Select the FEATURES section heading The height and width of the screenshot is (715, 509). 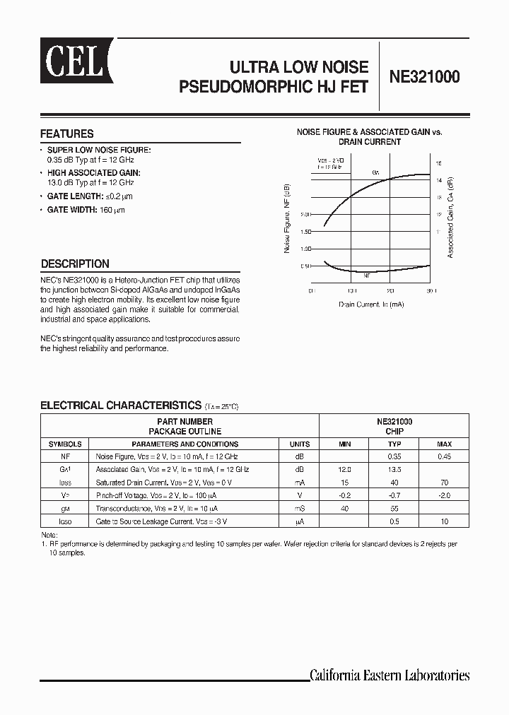(x=67, y=134)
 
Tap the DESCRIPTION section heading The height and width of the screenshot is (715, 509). (x=75, y=264)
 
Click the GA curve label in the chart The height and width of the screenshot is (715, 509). (x=375, y=172)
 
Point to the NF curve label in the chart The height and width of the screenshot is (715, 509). (x=366, y=276)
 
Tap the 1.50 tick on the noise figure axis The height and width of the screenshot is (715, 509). (x=305, y=232)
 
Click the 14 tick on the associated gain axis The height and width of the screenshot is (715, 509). (x=438, y=180)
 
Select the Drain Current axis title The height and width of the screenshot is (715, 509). (x=371, y=304)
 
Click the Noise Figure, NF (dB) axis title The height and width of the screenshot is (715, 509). (x=287, y=223)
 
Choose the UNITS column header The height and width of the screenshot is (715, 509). (x=300, y=444)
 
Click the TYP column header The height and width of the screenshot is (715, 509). (x=394, y=444)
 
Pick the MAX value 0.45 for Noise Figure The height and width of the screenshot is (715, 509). (x=444, y=457)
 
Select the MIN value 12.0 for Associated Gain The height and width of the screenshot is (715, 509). (x=344, y=469)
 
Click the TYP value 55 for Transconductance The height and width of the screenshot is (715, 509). (x=394, y=508)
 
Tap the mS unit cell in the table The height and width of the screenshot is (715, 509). (x=300, y=508)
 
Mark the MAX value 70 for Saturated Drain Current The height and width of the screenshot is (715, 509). (x=444, y=483)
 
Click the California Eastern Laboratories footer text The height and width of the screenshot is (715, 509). (x=390, y=675)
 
